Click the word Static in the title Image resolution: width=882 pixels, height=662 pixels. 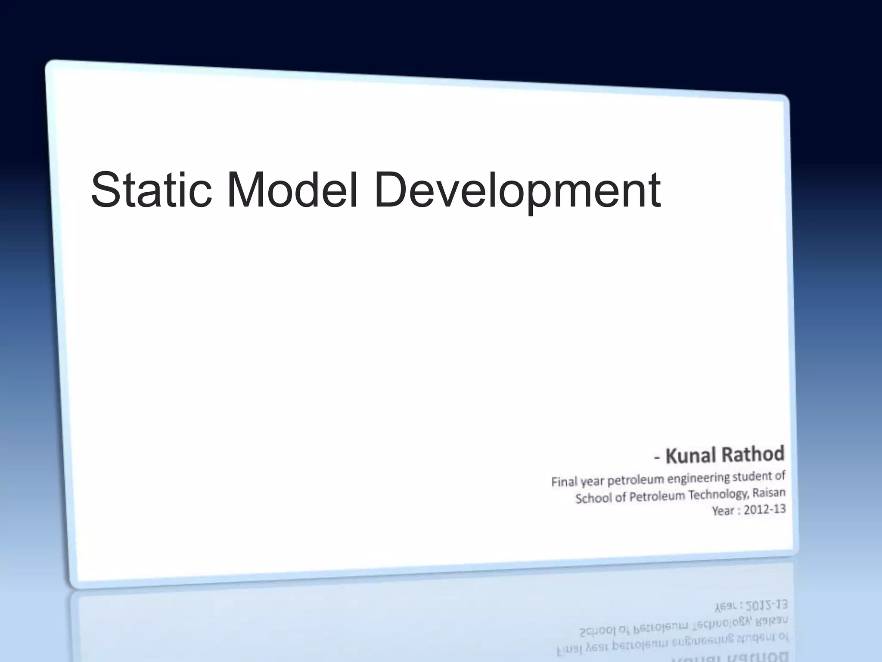[x=151, y=190]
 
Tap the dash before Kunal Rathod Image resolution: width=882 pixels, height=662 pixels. [x=657, y=458]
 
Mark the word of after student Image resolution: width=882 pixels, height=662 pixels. [x=780, y=476]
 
